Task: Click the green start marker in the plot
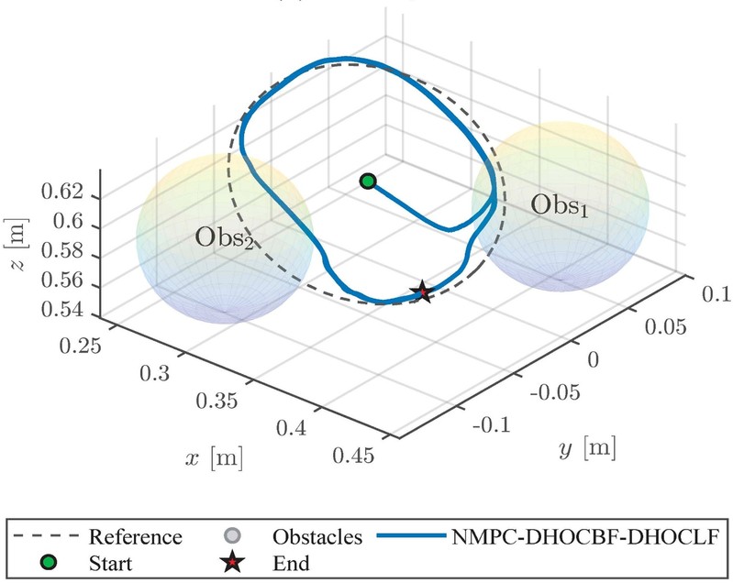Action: pos(368,181)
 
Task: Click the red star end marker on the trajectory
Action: pos(422,292)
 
